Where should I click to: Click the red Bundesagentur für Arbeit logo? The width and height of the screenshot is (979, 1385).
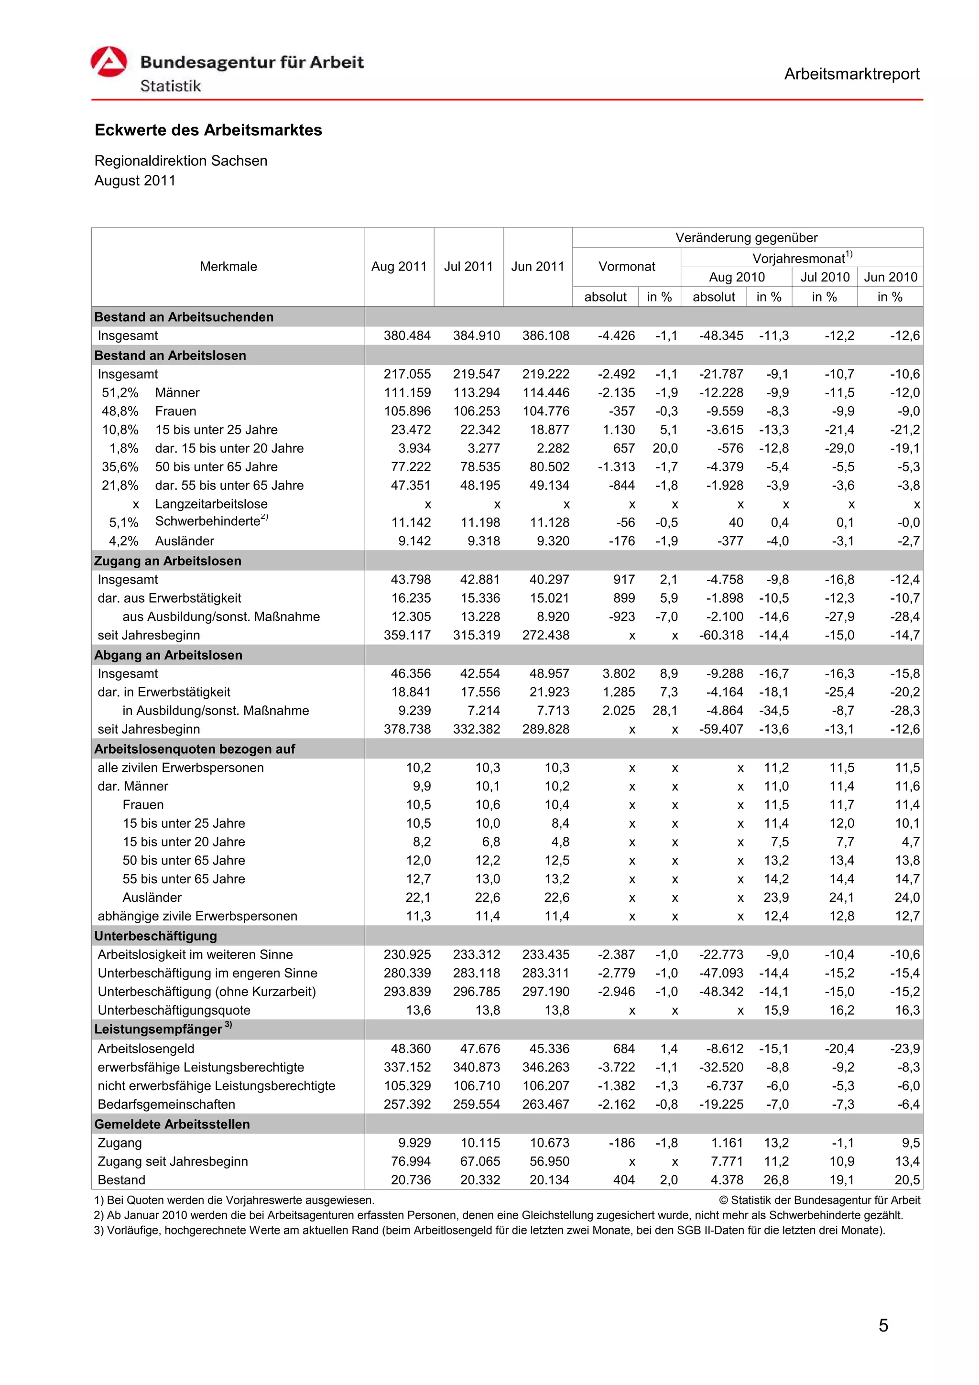(109, 62)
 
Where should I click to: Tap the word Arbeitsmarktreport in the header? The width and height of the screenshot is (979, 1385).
(851, 74)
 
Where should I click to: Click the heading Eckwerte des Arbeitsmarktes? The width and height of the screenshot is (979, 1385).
(208, 130)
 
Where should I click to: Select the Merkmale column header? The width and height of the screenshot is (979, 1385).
(228, 267)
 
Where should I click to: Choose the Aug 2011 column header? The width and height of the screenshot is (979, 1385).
(399, 267)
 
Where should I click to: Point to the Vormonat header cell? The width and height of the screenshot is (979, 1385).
(626, 267)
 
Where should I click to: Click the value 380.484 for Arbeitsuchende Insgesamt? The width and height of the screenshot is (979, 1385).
(407, 336)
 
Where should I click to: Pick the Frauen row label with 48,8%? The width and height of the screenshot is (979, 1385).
(175, 411)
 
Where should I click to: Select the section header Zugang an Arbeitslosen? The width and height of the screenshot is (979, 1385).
(168, 561)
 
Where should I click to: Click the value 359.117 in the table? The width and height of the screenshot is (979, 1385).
(407, 635)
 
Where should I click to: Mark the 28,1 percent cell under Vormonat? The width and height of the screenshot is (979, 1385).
(665, 711)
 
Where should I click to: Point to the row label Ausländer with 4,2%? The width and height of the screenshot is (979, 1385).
(185, 541)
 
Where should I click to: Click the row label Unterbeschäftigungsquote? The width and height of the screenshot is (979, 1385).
(174, 1010)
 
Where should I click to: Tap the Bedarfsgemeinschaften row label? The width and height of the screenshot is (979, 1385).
(166, 1104)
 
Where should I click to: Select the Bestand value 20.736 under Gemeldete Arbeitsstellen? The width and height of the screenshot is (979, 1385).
(411, 1180)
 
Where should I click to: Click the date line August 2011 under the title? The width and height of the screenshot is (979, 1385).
(135, 181)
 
